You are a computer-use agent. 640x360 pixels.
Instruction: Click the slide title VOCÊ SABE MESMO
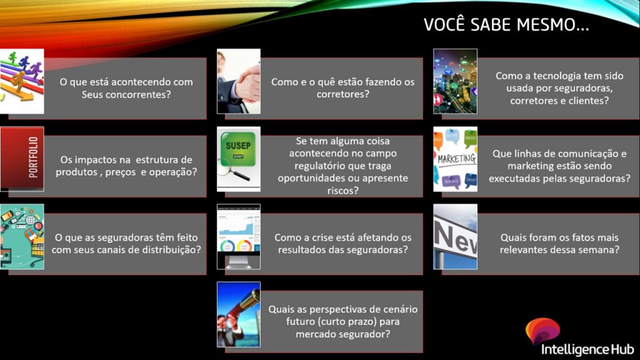click(x=506, y=24)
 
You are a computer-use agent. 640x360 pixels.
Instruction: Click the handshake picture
click(x=239, y=81)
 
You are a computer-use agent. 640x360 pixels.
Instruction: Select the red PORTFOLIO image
click(x=22, y=159)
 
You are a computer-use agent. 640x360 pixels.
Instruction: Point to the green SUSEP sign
click(x=238, y=149)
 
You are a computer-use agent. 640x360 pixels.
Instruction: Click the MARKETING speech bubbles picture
click(x=455, y=159)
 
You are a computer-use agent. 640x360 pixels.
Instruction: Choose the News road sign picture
click(x=455, y=237)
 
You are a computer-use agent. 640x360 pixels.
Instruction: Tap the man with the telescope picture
click(x=239, y=314)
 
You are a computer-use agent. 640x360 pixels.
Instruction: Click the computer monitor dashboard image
click(x=239, y=237)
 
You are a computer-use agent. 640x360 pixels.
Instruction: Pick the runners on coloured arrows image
click(x=22, y=81)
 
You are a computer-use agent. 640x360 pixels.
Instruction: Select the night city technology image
click(x=455, y=81)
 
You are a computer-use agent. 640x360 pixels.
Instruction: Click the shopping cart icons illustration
click(x=22, y=237)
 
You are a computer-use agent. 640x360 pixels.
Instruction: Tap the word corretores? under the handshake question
click(x=343, y=94)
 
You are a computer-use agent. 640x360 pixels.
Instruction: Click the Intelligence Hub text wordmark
click(x=587, y=350)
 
